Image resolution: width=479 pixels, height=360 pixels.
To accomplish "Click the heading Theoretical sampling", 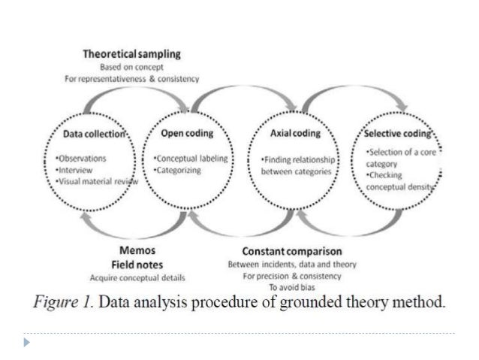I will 131,55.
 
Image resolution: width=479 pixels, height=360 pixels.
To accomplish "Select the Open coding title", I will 188,134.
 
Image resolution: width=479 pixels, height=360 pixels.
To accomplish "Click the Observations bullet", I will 81,159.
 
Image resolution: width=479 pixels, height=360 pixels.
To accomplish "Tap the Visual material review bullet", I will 93,180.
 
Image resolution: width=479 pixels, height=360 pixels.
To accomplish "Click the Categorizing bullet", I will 175,171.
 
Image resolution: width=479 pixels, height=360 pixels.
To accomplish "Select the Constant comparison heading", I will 292,251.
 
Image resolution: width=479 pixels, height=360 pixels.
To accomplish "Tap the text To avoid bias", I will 293,287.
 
